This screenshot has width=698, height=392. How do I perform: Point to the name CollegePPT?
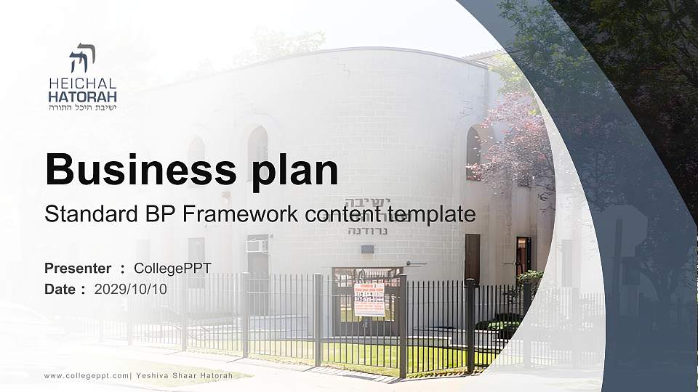pos(172,269)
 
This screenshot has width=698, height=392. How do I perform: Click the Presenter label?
pos(78,269)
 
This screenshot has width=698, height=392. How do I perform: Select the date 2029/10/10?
pos(131,289)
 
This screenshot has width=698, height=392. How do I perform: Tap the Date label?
pos(60,289)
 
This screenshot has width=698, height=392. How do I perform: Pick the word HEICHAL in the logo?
pos(82,83)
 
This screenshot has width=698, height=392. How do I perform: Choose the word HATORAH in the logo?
pos(82,96)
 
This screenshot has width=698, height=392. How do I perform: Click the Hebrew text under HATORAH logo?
pos(82,107)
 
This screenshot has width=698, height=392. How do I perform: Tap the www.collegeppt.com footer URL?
pos(87,375)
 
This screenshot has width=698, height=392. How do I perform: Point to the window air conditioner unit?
pos(257,246)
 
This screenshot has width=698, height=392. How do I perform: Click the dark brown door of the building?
pos(472,258)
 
